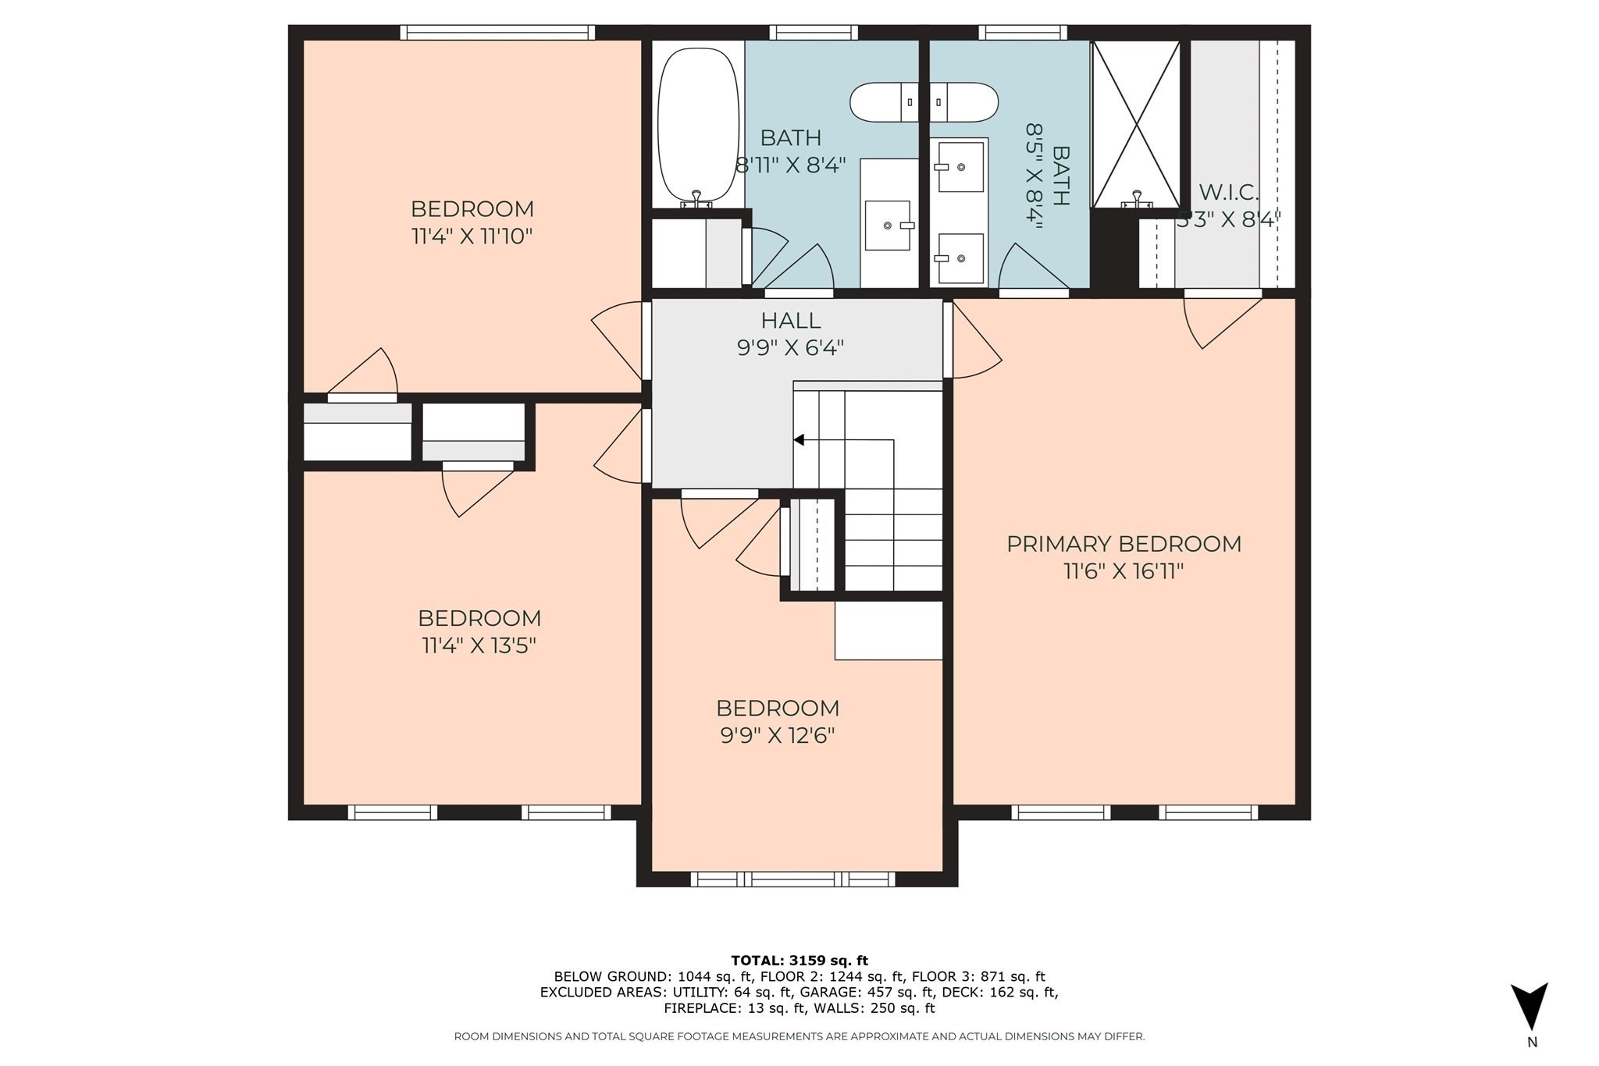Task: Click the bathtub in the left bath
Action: coord(698,125)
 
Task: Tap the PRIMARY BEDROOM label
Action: coord(1124,544)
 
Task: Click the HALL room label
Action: coord(790,321)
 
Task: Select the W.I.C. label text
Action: coord(1228,192)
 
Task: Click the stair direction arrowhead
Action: coord(799,440)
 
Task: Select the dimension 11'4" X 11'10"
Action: coord(472,236)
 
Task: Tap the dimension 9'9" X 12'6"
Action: coord(778,736)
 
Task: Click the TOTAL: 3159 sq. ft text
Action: coord(799,961)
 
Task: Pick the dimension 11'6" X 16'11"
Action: coord(1124,572)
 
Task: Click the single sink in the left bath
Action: coord(888,226)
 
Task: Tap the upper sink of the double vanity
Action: coord(960,166)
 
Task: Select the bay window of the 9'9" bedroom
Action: coord(792,879)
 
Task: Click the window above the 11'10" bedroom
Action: coord(497,32)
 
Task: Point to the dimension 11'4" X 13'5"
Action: coord(479,646)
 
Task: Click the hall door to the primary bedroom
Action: coord(972,341)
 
